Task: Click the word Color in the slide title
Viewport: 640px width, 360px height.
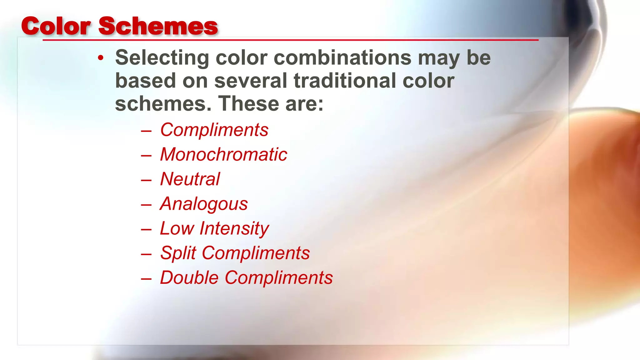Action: (x=56, y=26)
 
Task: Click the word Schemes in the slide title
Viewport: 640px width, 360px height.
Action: (x=158, y=26)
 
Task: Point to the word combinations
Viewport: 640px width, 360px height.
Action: (x=342, y=58)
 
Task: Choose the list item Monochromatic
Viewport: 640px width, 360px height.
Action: (x=223, y=154)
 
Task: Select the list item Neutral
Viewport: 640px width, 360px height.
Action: (x=190, y=179)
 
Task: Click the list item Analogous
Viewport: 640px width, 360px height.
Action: (x=204, y=204)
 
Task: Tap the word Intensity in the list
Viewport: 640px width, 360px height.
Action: (x=234, y=229)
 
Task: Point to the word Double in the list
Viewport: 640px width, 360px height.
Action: (x=189, y=277)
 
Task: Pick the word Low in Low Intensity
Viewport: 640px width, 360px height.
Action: (x=177, y=228)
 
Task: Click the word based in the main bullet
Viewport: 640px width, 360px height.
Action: (x=146, y=81)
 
